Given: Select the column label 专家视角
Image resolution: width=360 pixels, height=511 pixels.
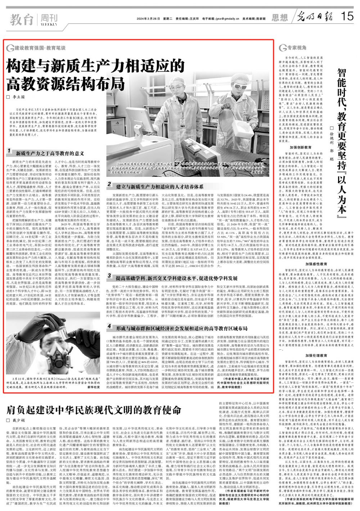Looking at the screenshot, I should pyautogui.click(x=298, y=48).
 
